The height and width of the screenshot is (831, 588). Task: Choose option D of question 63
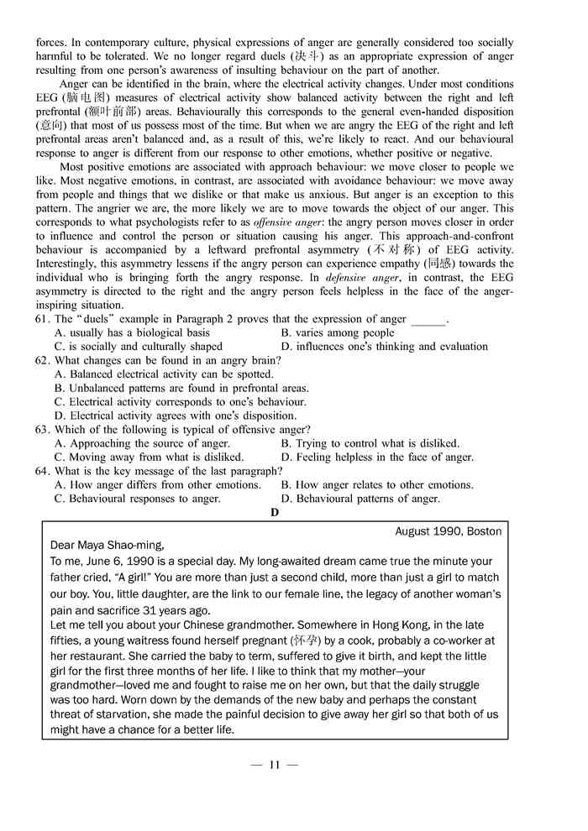377,457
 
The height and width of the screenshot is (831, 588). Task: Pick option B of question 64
377,485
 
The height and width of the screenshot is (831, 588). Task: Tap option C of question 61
139,347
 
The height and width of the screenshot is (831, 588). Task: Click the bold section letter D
275,512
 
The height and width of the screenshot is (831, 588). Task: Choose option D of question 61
384,347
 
